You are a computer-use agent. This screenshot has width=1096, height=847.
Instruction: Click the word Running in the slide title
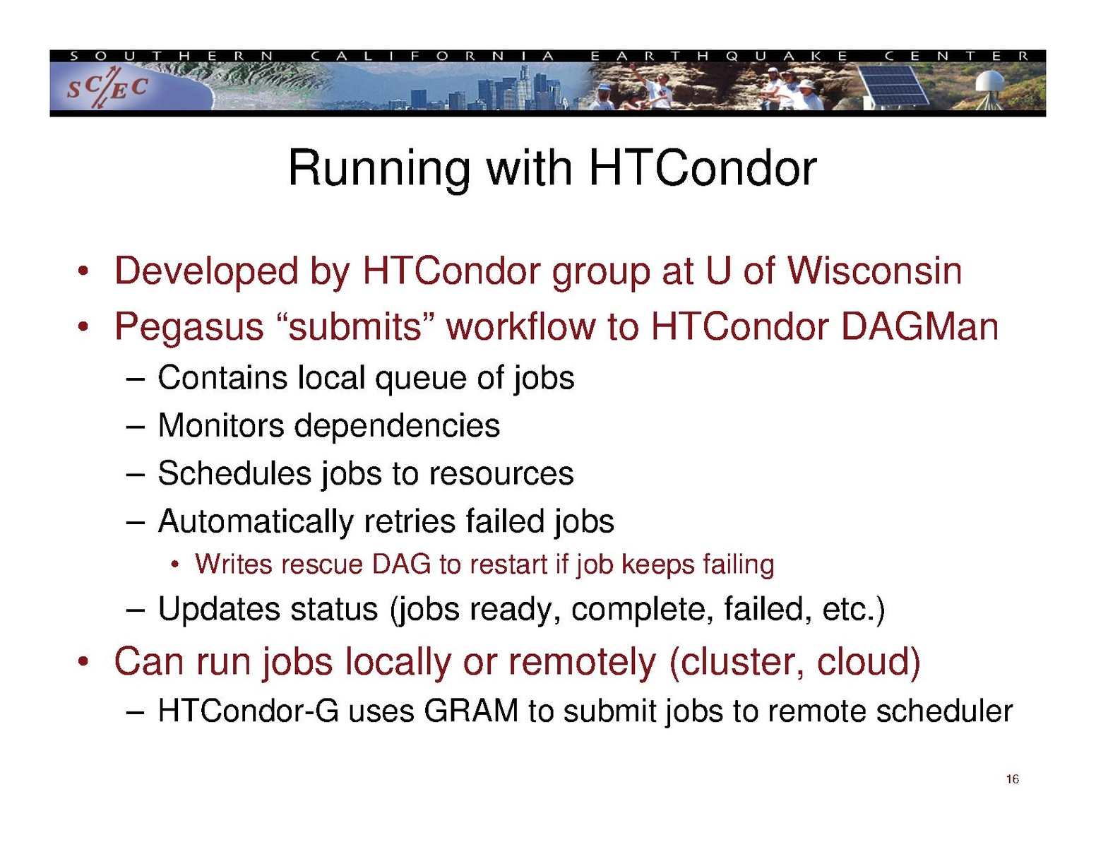379,170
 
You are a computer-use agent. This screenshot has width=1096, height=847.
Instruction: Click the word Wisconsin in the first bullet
874,271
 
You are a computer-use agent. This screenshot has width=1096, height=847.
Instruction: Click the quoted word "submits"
356,327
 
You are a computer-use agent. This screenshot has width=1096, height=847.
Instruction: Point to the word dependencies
397,427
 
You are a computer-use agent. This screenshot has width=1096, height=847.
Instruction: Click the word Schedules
234,473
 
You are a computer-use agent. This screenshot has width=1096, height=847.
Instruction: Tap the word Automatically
255,522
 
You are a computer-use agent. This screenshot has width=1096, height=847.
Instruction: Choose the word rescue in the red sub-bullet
322,565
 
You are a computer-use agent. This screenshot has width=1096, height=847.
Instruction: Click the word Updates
219,610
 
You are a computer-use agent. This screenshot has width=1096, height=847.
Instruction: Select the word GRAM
471,711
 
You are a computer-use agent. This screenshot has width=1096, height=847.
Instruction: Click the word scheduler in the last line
944,711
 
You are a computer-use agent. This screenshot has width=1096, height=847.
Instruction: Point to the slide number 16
1012,779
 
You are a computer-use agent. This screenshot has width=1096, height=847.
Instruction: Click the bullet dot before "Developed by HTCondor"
84,273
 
